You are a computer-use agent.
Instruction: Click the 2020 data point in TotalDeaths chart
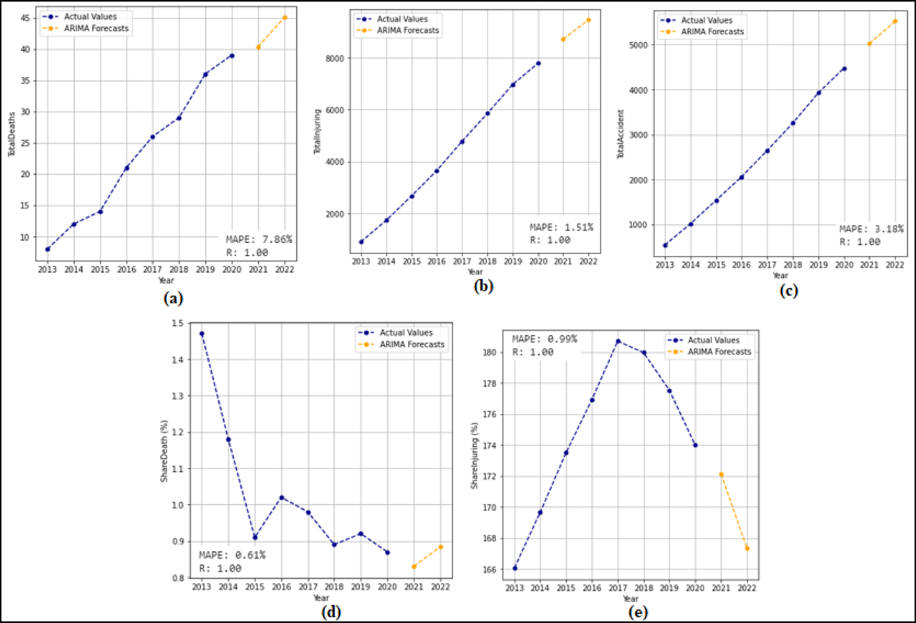coord(232,56)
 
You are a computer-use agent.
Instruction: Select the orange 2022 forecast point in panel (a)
coord(285,18)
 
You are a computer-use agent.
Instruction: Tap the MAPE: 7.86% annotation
coord(259,239)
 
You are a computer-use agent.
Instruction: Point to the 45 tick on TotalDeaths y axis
coord(25,18)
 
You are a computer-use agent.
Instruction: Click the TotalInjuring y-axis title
coord(317,132)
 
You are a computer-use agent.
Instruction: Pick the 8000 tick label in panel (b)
coord(335,58)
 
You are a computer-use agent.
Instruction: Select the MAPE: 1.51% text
coord(561,227)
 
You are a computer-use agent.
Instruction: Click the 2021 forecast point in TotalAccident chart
coord(869,44)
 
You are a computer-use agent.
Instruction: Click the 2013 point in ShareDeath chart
coord(202,334)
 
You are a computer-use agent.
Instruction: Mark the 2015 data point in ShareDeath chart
coord(255,537)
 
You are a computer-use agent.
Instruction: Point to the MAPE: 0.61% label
coord(232,555)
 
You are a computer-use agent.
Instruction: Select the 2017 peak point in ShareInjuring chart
coord(618,341)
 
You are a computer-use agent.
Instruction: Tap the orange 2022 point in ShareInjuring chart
coord(747,548)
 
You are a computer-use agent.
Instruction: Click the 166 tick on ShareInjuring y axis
coord(489,570)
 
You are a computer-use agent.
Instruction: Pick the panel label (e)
coord(637,612)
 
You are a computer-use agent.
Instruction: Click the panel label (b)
coord(484,286)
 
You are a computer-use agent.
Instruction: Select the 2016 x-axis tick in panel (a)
coord(126,269)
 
